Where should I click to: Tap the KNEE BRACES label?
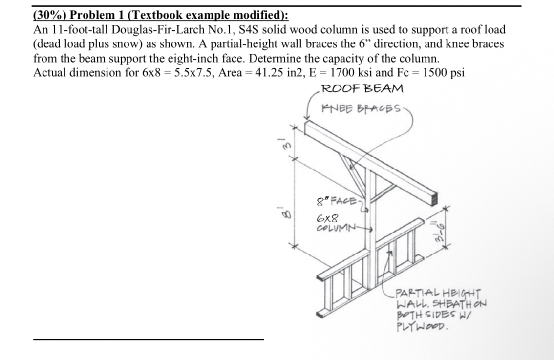pos(362,108)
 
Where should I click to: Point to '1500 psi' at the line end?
pos(444,72)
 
